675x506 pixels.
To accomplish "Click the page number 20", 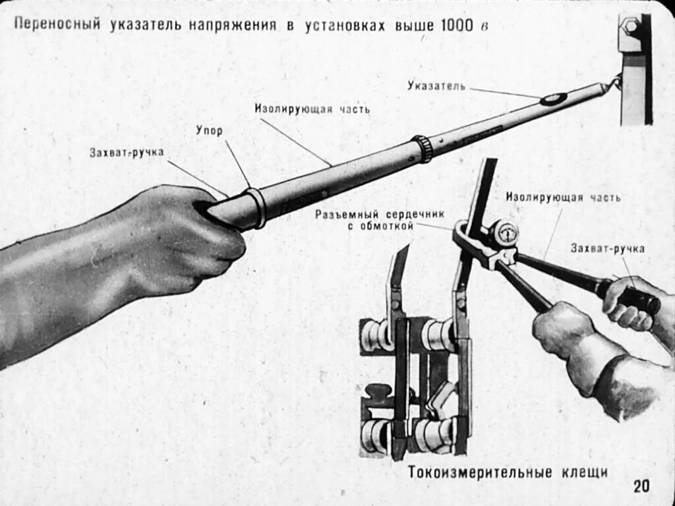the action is click(641, 486).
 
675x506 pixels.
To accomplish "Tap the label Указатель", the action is click(436, 86).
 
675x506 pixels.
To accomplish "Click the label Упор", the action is click(209, 130).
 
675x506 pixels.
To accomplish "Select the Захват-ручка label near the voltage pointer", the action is click(127, 153).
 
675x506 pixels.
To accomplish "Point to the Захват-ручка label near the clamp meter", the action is click(607, 248).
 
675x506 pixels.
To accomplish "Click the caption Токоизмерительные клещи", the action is click(507, 472).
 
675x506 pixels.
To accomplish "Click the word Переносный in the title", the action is click(57, 25).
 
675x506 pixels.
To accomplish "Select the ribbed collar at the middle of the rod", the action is click(423, 149).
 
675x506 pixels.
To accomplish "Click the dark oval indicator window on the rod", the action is click(553, 99).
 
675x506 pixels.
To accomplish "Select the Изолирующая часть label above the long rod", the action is click(312, 109).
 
